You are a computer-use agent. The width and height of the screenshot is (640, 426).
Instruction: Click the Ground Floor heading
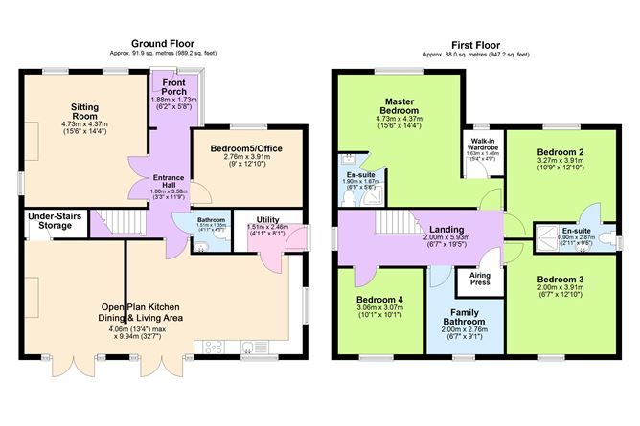[x=166, y=44]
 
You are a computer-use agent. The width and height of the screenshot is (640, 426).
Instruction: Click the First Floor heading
[x=474, y=44]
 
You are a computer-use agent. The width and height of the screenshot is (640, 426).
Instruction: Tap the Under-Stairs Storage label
[x=49, y=221]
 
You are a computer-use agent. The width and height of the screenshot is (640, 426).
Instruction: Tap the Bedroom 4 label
[x=376, y=299]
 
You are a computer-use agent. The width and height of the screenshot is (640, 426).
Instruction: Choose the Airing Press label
[x=480, y=279]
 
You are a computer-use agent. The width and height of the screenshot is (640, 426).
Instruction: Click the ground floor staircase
[x=123, y=221]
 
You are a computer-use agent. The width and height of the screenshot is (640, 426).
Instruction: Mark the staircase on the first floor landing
[x=393, y=225]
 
